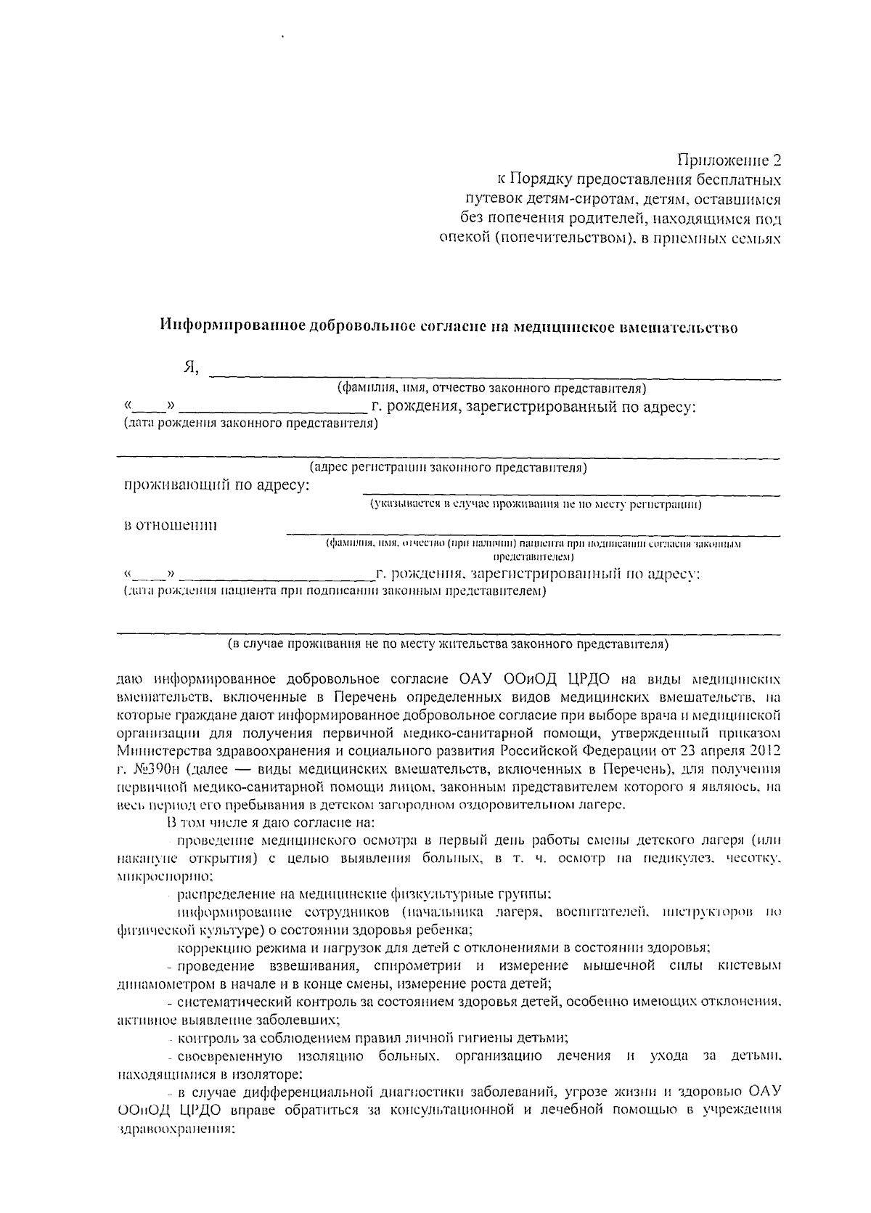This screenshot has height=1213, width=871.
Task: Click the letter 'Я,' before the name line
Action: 190,368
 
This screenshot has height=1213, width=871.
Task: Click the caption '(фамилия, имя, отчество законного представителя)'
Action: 486,389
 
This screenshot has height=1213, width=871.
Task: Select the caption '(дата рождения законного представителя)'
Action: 251,423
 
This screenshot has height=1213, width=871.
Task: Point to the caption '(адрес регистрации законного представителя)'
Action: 448,468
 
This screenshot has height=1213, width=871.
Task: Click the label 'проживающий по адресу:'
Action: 217,485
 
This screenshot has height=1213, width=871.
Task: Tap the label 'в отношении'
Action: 171,525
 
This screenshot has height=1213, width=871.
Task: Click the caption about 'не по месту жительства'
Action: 448,644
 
